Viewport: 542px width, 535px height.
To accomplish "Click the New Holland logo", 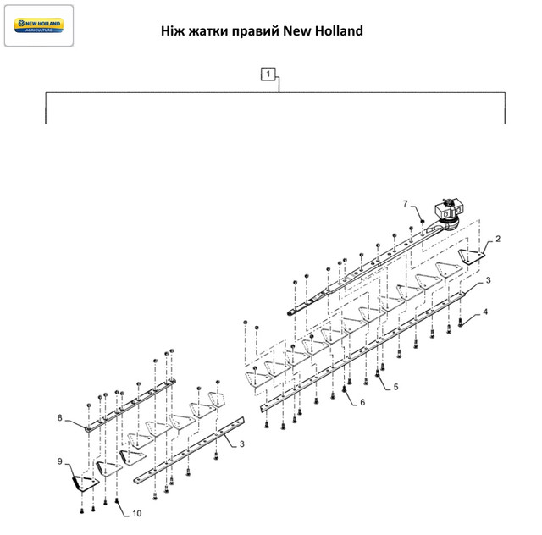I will click(39, 25).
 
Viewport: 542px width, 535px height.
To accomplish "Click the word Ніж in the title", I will click(173, 31).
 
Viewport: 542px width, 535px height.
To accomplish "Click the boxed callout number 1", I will click(268, 74).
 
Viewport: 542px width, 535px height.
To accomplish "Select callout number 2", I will click(498, 240).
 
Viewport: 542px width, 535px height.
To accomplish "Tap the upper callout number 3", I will click(489, 279).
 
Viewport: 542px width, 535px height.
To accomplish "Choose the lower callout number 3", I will click(243, 444).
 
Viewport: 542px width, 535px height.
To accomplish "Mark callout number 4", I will click(485, 313).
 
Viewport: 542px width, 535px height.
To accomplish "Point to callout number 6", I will click(362, 402).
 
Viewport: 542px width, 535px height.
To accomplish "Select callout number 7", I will click(405, 204).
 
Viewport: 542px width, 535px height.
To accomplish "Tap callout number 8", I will click(60, 417).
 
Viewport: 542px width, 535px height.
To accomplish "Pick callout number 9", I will click(60, 461).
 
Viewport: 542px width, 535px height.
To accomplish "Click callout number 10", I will click(136, 513).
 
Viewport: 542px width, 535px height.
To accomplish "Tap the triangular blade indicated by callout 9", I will click(82, 482).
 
